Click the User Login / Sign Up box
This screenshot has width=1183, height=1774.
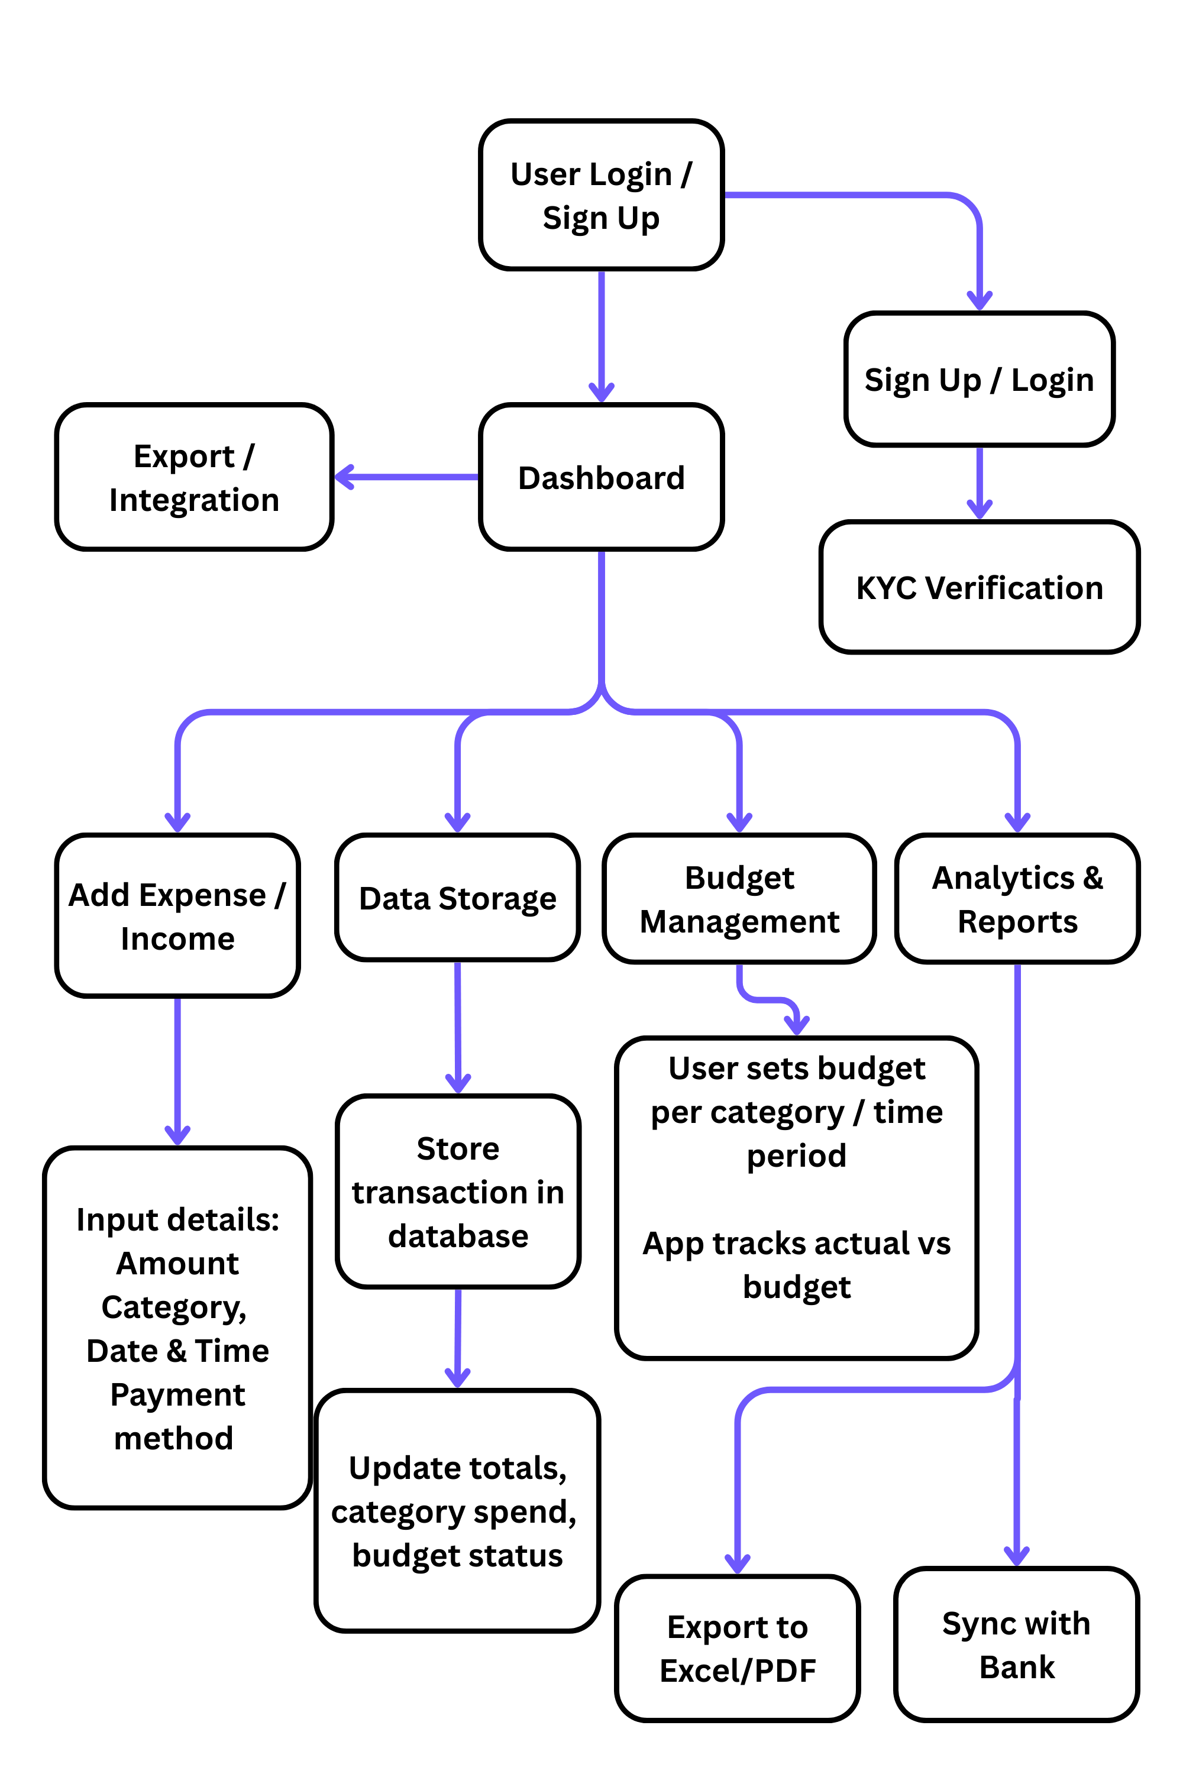[602, 195]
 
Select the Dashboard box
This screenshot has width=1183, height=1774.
[602, 477]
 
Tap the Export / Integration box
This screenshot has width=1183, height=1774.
[194, 477]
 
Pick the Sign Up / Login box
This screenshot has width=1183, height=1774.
[980, 380]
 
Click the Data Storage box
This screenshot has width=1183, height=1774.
[457, 898]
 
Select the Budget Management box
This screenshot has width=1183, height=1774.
[739, 899]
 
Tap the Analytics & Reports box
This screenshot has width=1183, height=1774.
[1017, 899]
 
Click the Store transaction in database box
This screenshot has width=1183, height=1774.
[457, 1192]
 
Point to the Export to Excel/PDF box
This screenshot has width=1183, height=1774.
[737, 1648]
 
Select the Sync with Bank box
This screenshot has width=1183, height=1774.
[1016, 1644]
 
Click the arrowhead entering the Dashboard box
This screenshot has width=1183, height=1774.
[602, 392]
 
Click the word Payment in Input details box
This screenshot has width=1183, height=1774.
[177, 1394]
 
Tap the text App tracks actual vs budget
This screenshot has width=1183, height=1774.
[797, 1265]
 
